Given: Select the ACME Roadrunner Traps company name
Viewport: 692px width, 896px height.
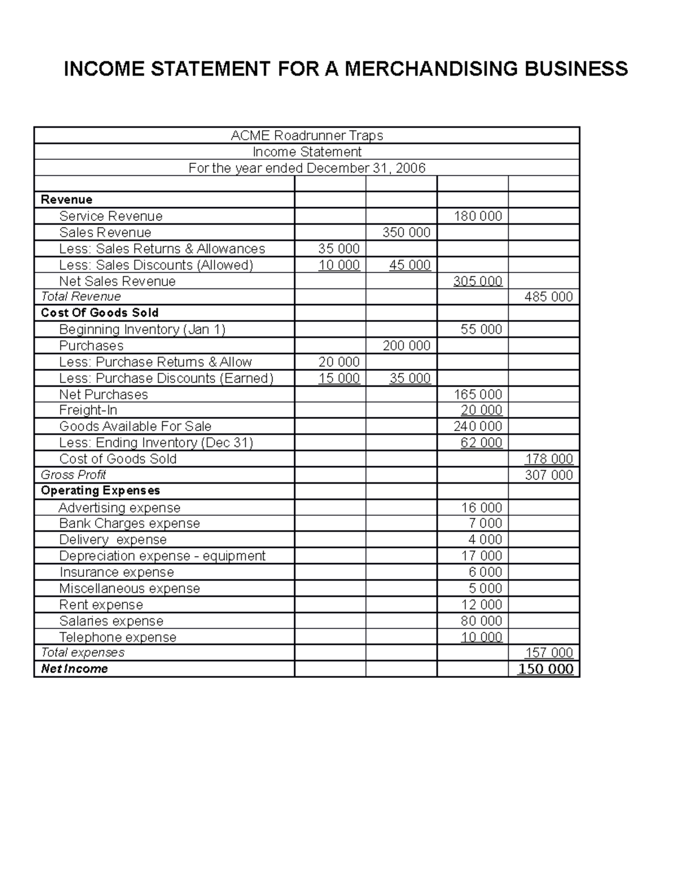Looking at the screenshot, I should pos(307,136).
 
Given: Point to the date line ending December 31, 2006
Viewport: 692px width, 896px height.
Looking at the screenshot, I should pos(307,168).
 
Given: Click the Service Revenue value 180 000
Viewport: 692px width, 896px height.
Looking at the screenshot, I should pos(477,216).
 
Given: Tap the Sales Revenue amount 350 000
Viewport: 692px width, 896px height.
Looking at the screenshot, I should pos(407,233).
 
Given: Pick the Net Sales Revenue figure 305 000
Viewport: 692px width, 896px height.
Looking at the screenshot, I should pos(477,282).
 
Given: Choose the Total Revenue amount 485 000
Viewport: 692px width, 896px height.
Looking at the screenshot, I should pos(548,297).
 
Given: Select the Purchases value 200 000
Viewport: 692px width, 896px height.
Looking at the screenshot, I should pos(407,346).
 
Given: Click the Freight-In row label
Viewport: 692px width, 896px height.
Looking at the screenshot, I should pos(88,410).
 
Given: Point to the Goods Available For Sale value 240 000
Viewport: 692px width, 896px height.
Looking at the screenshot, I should pos(477,426).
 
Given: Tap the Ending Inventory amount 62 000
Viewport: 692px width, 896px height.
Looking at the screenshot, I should pos(481,443).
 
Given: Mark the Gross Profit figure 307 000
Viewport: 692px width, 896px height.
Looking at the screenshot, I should pos(548,475).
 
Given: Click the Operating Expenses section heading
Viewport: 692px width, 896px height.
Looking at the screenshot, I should pos(100,490).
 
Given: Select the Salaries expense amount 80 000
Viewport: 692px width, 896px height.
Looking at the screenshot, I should pos(481,621).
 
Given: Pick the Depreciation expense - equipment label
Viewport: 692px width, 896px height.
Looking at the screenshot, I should pos(162,556).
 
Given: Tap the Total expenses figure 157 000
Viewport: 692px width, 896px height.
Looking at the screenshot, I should pos(548,653).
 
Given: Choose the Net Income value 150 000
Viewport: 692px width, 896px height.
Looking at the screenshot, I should pos(546,669).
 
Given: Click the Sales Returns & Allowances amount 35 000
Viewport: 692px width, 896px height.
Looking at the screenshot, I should pos(339,249).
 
